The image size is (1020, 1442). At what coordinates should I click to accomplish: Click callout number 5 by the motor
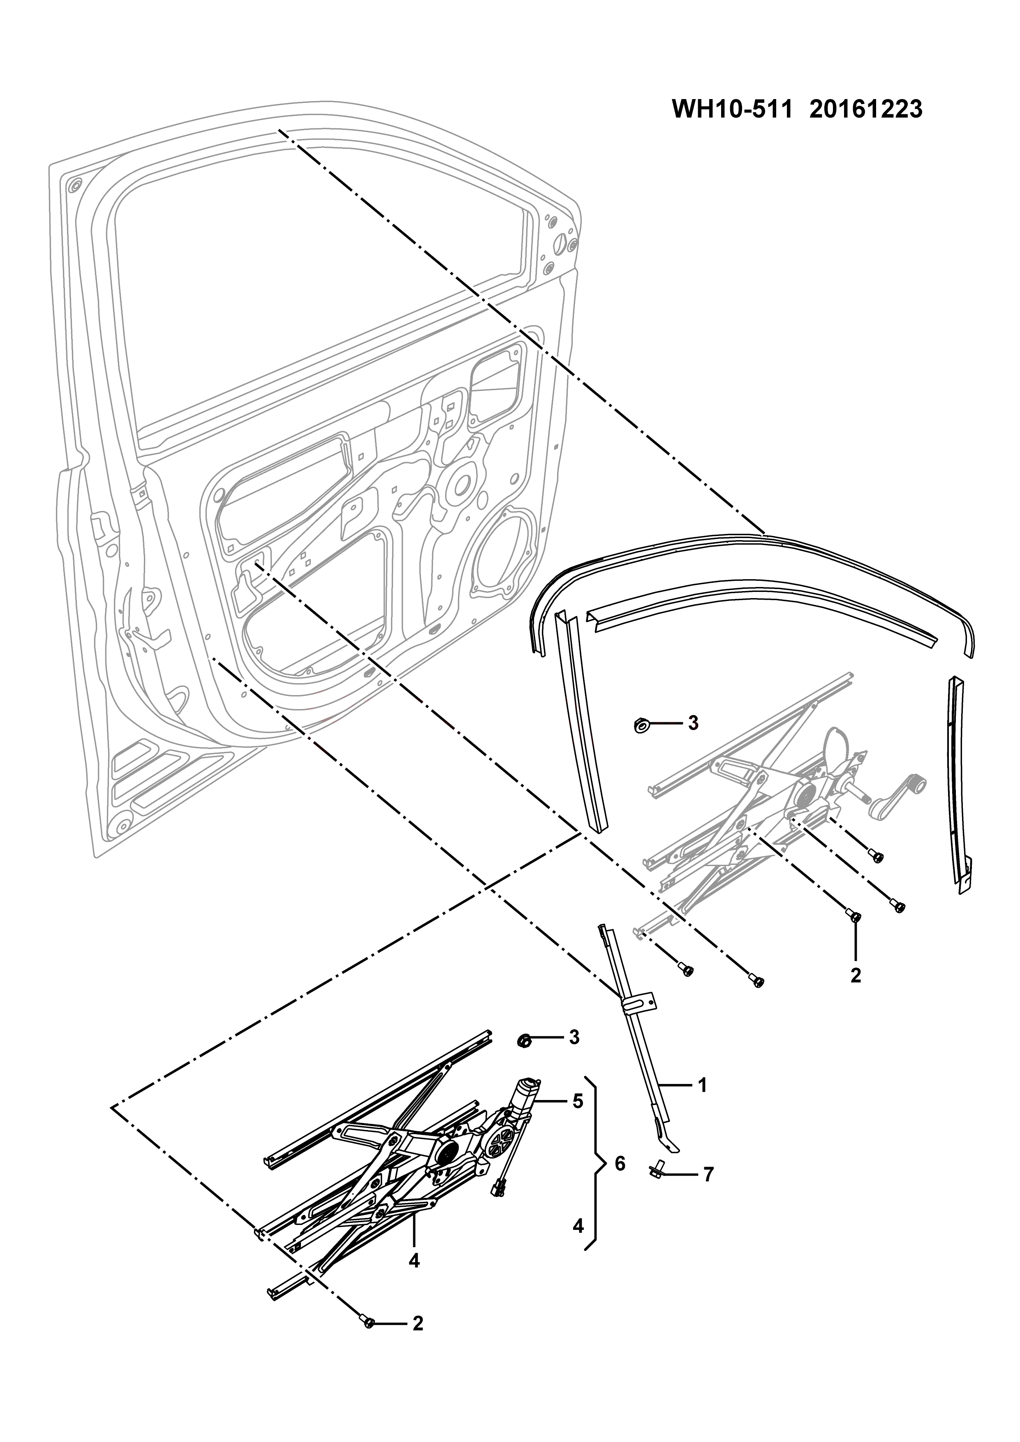578,1118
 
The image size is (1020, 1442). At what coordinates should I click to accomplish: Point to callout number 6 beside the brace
620,1164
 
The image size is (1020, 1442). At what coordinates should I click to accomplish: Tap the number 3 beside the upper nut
693,723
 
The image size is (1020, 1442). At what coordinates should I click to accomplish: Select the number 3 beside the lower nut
574,1037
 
